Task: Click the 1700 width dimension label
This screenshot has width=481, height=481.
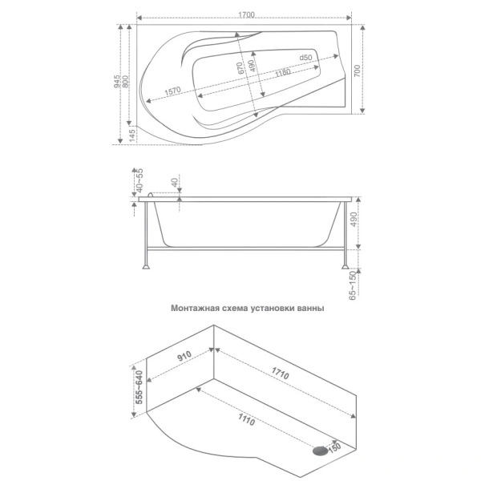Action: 246,15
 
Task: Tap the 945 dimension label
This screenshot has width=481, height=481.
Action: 117,81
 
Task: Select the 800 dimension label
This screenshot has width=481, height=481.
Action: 125,81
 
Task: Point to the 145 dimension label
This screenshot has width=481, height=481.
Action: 132,135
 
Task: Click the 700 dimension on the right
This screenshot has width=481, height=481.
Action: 358,71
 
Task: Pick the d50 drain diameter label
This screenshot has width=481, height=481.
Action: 305,58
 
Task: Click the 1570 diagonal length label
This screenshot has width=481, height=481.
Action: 172,91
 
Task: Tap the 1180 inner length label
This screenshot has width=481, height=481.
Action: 282,73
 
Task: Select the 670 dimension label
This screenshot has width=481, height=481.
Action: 241,68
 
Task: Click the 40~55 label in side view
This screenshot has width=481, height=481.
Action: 139,180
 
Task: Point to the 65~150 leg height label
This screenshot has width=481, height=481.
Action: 353,285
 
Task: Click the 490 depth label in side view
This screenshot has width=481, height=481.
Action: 354,220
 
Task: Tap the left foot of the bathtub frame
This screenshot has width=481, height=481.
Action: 147,266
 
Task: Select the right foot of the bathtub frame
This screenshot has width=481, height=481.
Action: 346,266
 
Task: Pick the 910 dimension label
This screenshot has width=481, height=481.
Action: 184,356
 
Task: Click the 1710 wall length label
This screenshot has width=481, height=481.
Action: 280,373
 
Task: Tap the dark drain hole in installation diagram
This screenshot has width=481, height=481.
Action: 320,451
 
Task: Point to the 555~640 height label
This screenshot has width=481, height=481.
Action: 139,387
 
